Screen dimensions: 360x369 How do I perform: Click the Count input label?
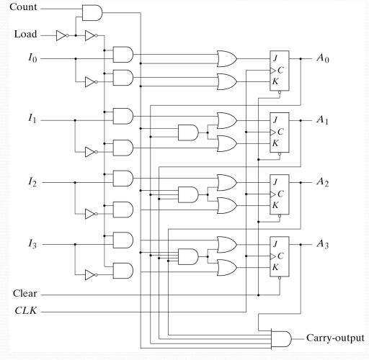25,9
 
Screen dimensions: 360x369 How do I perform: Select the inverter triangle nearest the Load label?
65,34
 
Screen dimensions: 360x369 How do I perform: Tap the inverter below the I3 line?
89,274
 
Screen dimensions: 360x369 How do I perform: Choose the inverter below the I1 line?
89,152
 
